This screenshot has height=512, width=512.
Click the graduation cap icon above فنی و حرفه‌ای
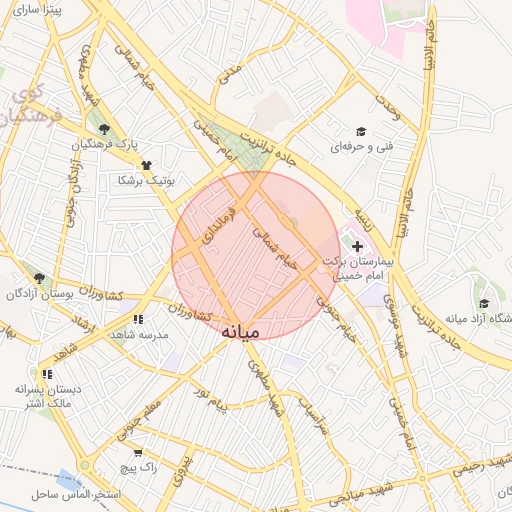click(360, 131)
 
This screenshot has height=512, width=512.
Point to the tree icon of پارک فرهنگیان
click(104, 129)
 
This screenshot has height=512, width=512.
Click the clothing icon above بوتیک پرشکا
click(147, 165)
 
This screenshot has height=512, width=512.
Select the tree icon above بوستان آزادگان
click(39, 278)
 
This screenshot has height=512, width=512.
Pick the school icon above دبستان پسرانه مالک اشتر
click(47, 373)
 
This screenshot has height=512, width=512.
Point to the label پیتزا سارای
click(42, 9)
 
